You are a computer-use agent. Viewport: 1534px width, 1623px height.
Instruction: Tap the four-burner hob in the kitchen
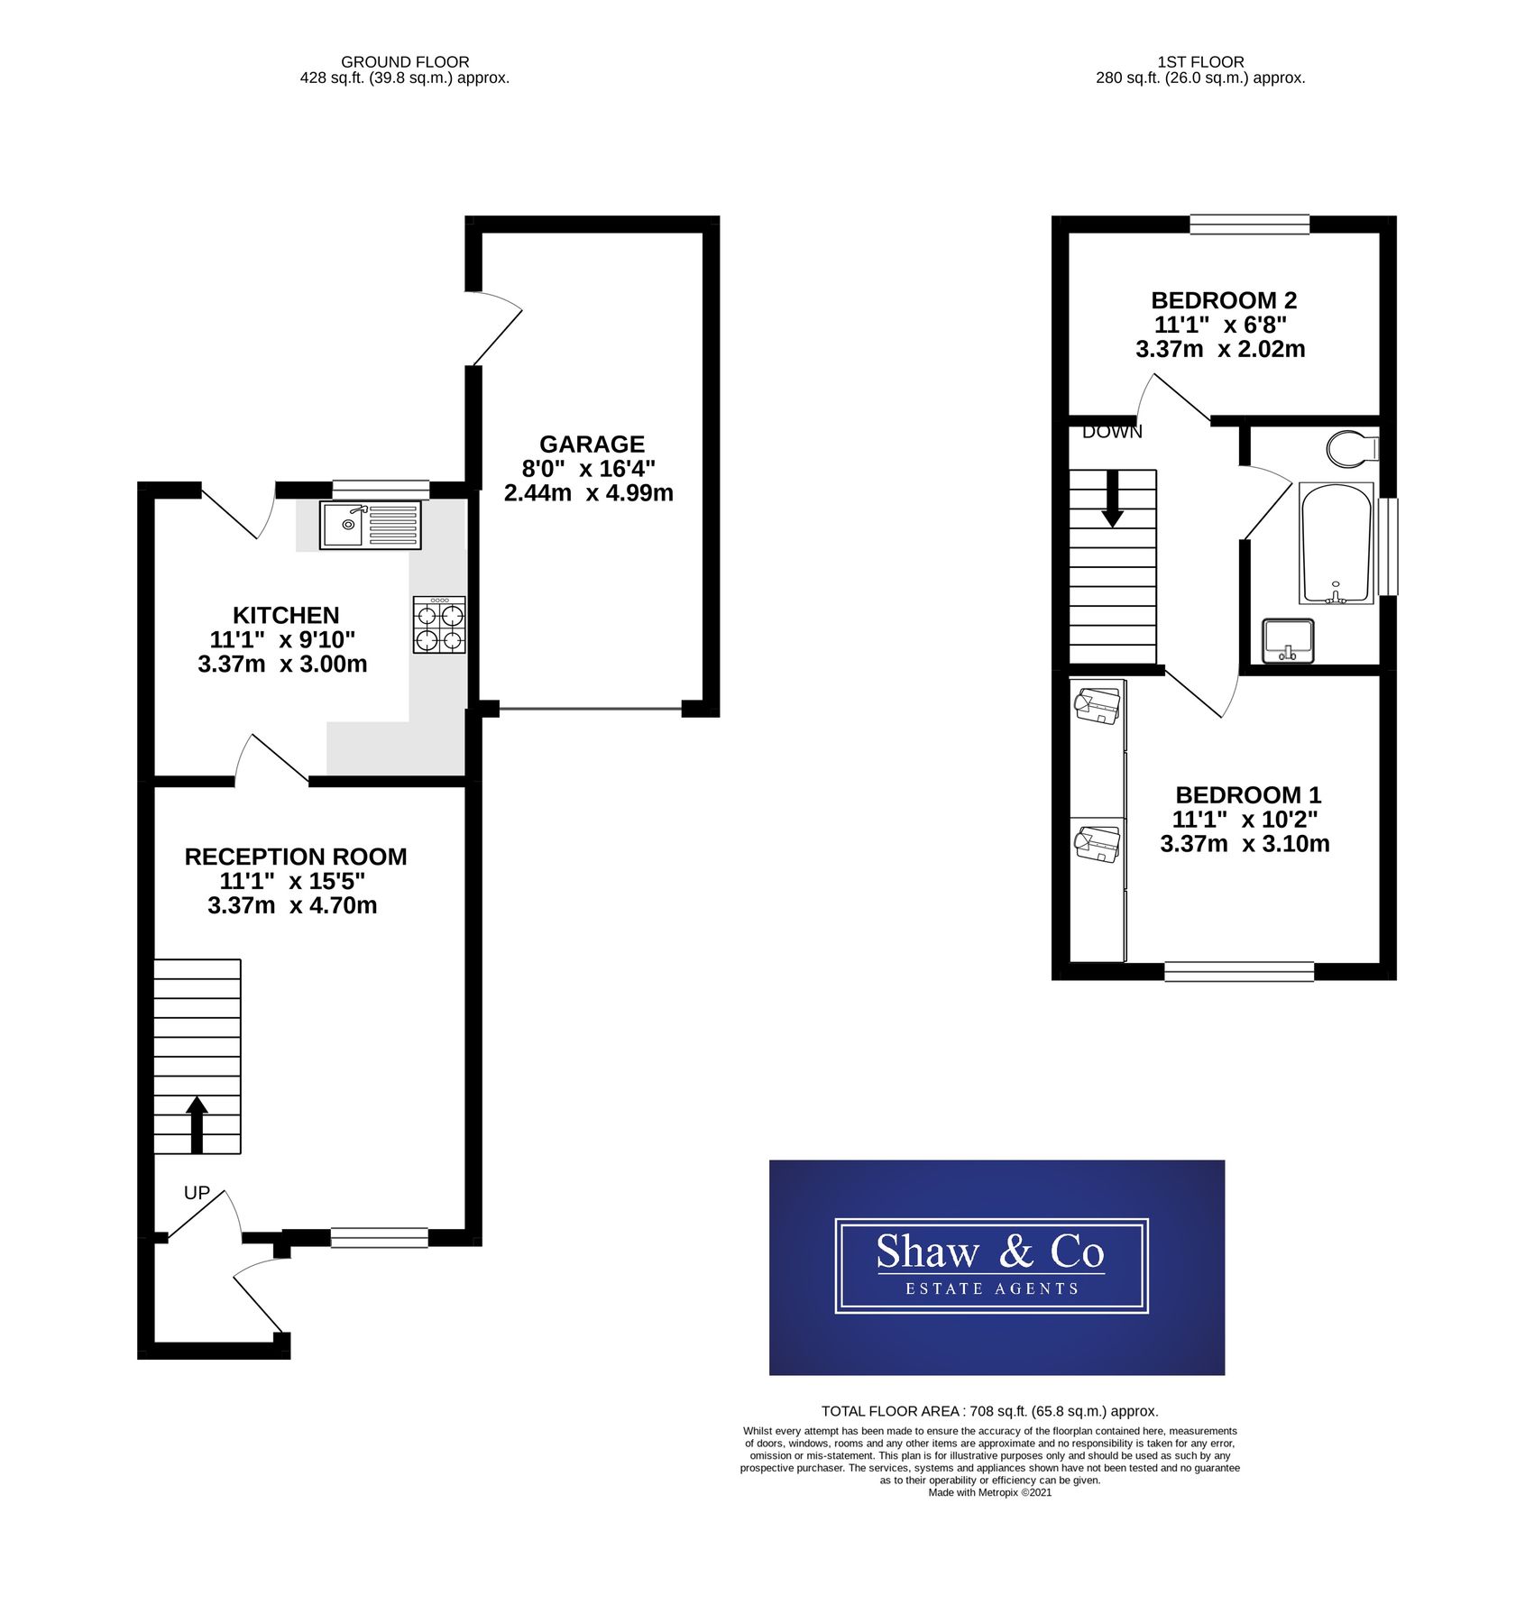coord(439,625)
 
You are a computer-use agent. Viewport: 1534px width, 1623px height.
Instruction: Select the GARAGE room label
coord(592,445)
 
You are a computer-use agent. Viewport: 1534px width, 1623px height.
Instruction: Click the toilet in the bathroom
coord(1353,448)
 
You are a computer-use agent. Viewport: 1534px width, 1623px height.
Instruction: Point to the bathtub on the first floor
coord(1336,544)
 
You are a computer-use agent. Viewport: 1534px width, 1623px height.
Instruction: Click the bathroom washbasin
coord(1287,641)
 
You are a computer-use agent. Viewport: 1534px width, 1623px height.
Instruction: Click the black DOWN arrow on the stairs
coord(1112,499)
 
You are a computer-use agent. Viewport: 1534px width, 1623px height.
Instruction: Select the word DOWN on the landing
coord(1111,433)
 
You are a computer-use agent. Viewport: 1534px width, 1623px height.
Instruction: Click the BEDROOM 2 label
coord(1223,300)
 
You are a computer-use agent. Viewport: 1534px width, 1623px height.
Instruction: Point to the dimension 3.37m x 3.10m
coord(1244,844)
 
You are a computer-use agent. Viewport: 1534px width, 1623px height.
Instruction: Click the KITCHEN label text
coord(286,615)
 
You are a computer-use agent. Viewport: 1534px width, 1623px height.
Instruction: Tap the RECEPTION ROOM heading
coord(296,857)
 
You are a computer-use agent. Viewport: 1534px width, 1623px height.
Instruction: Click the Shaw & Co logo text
coord(989,1253)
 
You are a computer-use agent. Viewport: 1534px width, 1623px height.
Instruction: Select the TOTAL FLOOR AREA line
coord(989,1412)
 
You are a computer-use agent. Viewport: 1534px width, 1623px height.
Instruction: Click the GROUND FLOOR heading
coord(405,62)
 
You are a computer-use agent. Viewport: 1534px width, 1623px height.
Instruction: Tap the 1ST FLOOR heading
coord(1200,62)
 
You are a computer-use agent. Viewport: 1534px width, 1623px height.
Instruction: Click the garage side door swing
coord(494,329)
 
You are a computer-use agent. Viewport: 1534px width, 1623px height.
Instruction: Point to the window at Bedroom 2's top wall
coord(1248,224)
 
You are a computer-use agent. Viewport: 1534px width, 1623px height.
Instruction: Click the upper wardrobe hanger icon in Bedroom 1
coord(1098,704)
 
